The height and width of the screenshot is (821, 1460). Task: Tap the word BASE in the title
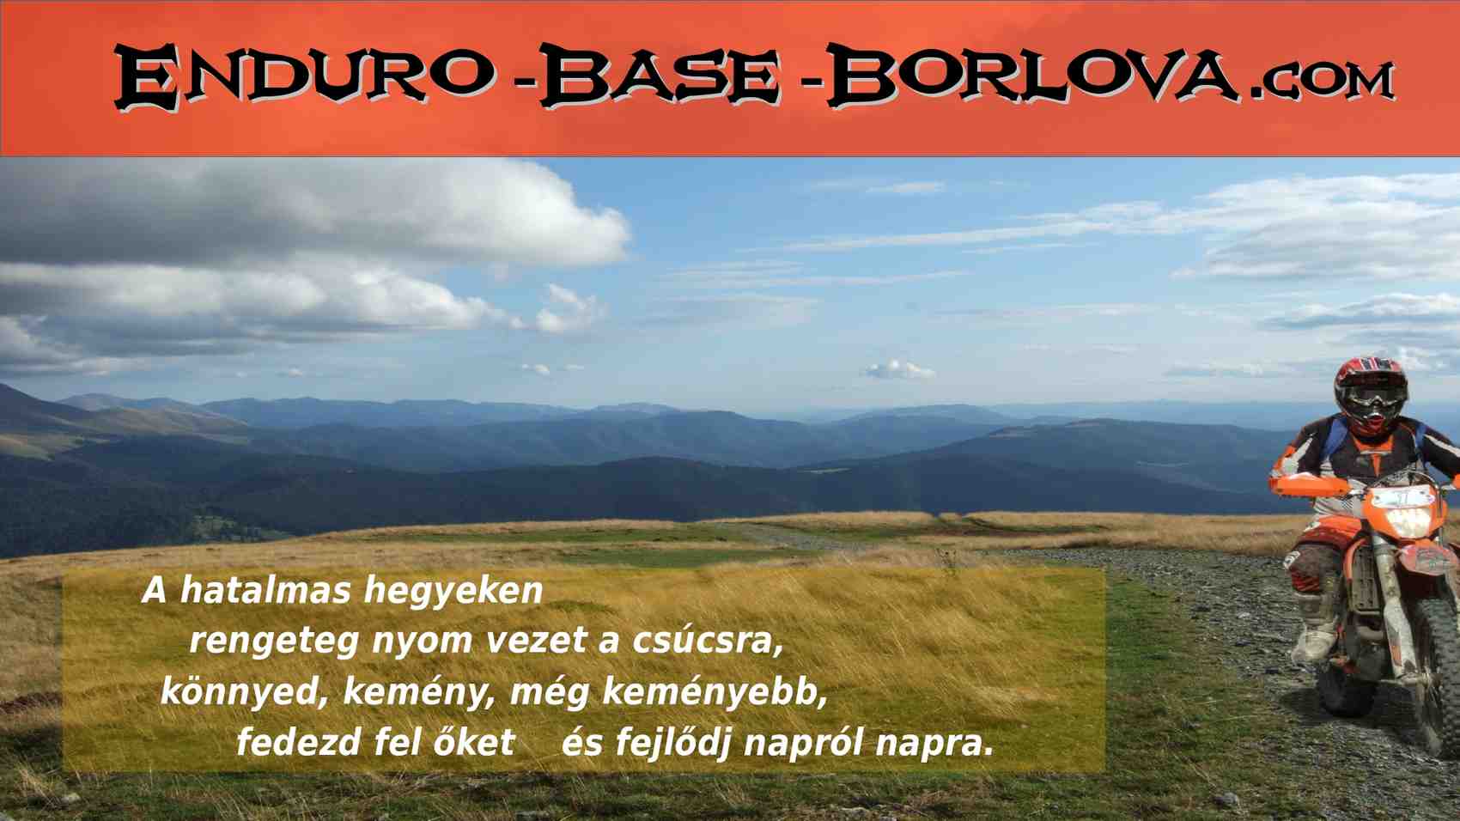[660, 76]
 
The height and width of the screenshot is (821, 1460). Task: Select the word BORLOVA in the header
[1033, 74]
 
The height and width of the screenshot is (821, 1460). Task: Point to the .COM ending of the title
[1323, 81]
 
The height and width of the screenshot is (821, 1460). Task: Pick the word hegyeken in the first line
[453, 593]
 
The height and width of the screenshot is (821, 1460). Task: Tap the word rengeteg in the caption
[275, 642]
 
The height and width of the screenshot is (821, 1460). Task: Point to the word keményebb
[715, 693]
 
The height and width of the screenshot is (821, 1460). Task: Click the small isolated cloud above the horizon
[900, 371]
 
